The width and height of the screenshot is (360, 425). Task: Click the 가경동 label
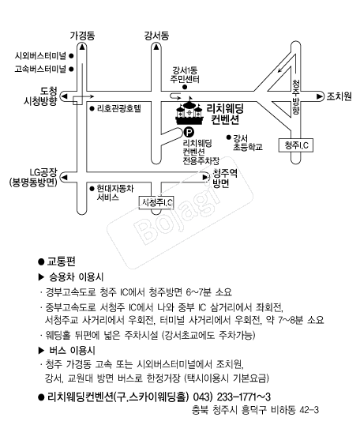82,36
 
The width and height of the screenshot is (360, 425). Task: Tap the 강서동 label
156,36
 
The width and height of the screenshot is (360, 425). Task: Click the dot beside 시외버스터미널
71,56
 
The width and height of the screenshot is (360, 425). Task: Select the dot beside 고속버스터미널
71,69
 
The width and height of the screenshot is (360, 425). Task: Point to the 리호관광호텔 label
119,109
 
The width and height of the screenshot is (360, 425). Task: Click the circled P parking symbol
189,132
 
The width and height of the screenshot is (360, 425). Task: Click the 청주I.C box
296,145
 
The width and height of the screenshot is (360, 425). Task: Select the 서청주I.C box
156,202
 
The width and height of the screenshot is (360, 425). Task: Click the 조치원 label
339,96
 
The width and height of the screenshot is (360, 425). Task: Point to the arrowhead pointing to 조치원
320,96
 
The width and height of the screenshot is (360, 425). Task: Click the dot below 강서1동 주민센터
185,87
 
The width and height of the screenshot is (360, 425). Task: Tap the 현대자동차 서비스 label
115,193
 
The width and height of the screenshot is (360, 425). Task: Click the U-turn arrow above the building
175,96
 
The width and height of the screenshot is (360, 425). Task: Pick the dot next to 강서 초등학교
229,137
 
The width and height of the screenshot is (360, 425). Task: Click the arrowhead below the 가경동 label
82,47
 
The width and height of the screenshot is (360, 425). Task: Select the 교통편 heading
62,261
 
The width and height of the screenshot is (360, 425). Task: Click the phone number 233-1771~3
244,397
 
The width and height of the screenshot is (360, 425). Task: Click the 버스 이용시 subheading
72,351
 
